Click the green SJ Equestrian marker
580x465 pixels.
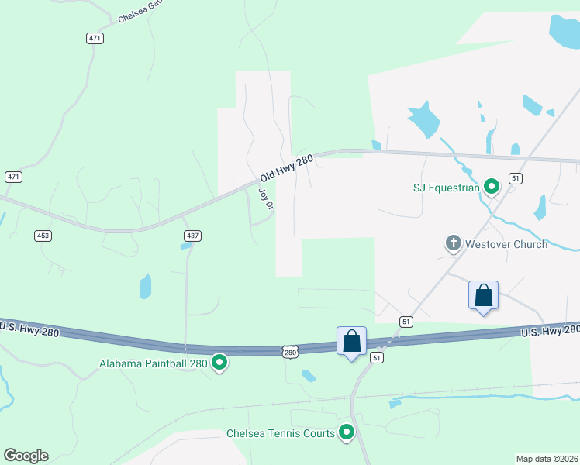pos(491,187)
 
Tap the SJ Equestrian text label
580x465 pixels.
pos(446,187)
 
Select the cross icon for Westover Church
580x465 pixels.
pos(453,244)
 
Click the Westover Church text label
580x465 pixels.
pos(506,244)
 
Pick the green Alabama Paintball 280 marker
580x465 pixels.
pos(219,363)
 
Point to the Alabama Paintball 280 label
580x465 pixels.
pos(154,363)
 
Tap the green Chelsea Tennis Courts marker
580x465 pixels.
pos(347,433)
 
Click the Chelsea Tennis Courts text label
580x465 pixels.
pos(281,433)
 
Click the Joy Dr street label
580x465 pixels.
pos(265,198)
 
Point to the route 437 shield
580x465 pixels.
pos(192,235)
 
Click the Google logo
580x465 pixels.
pos(26,456)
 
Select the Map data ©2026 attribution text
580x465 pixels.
pos(547,458)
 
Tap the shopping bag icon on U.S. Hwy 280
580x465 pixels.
pos(351,342)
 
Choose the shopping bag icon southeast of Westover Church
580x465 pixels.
pos(483,296)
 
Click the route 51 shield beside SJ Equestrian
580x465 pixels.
pos(516,178)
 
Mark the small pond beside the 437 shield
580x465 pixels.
pos(185,246)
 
